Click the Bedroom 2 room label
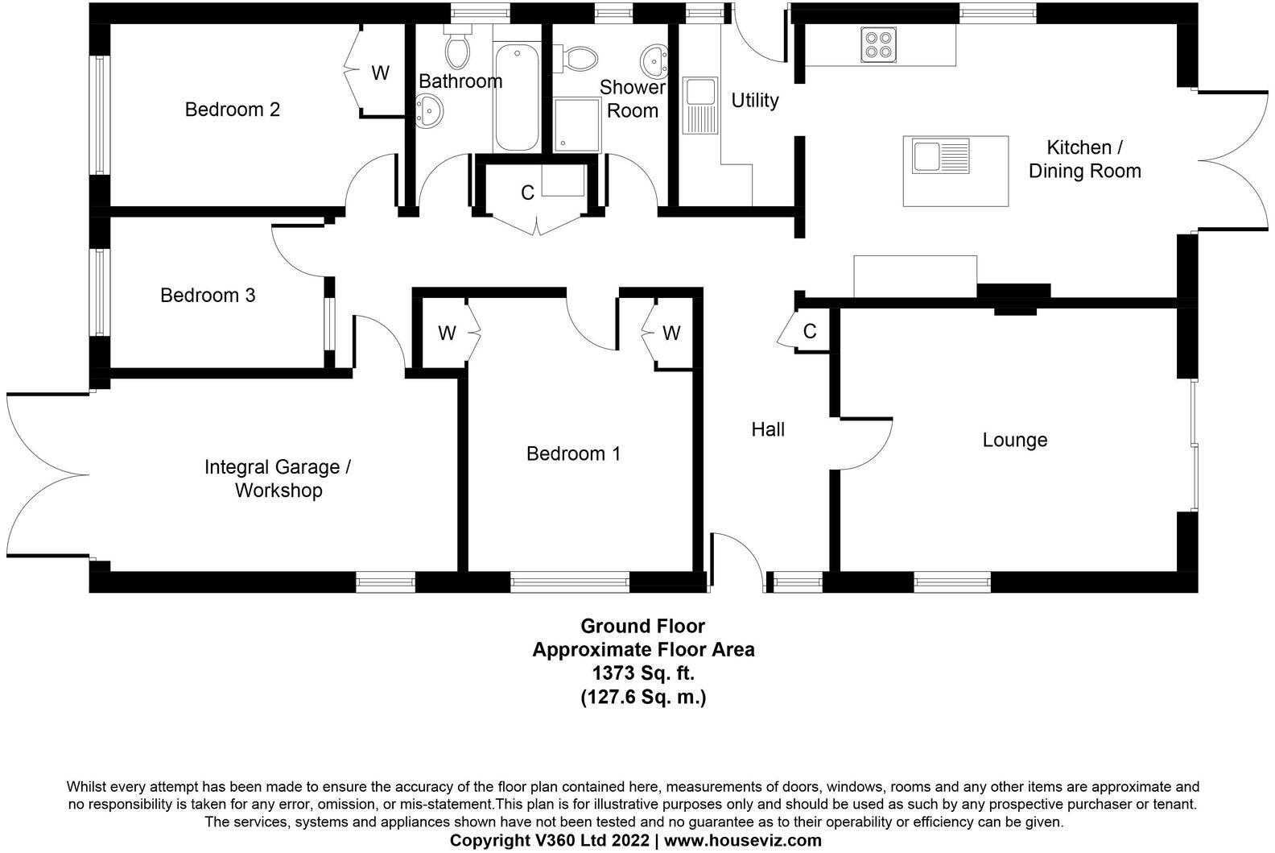[233, 110]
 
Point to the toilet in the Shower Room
[578, 57]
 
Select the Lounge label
[1014, 440]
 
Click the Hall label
[768, 429]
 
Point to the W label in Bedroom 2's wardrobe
[381, 73]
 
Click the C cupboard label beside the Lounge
[810, 331]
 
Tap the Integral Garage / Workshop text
[278, 478]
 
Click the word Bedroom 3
[208, 296]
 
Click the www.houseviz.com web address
[743, 841]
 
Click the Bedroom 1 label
[573, 454]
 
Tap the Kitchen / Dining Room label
[1084, 159]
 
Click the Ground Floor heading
[643, 626]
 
